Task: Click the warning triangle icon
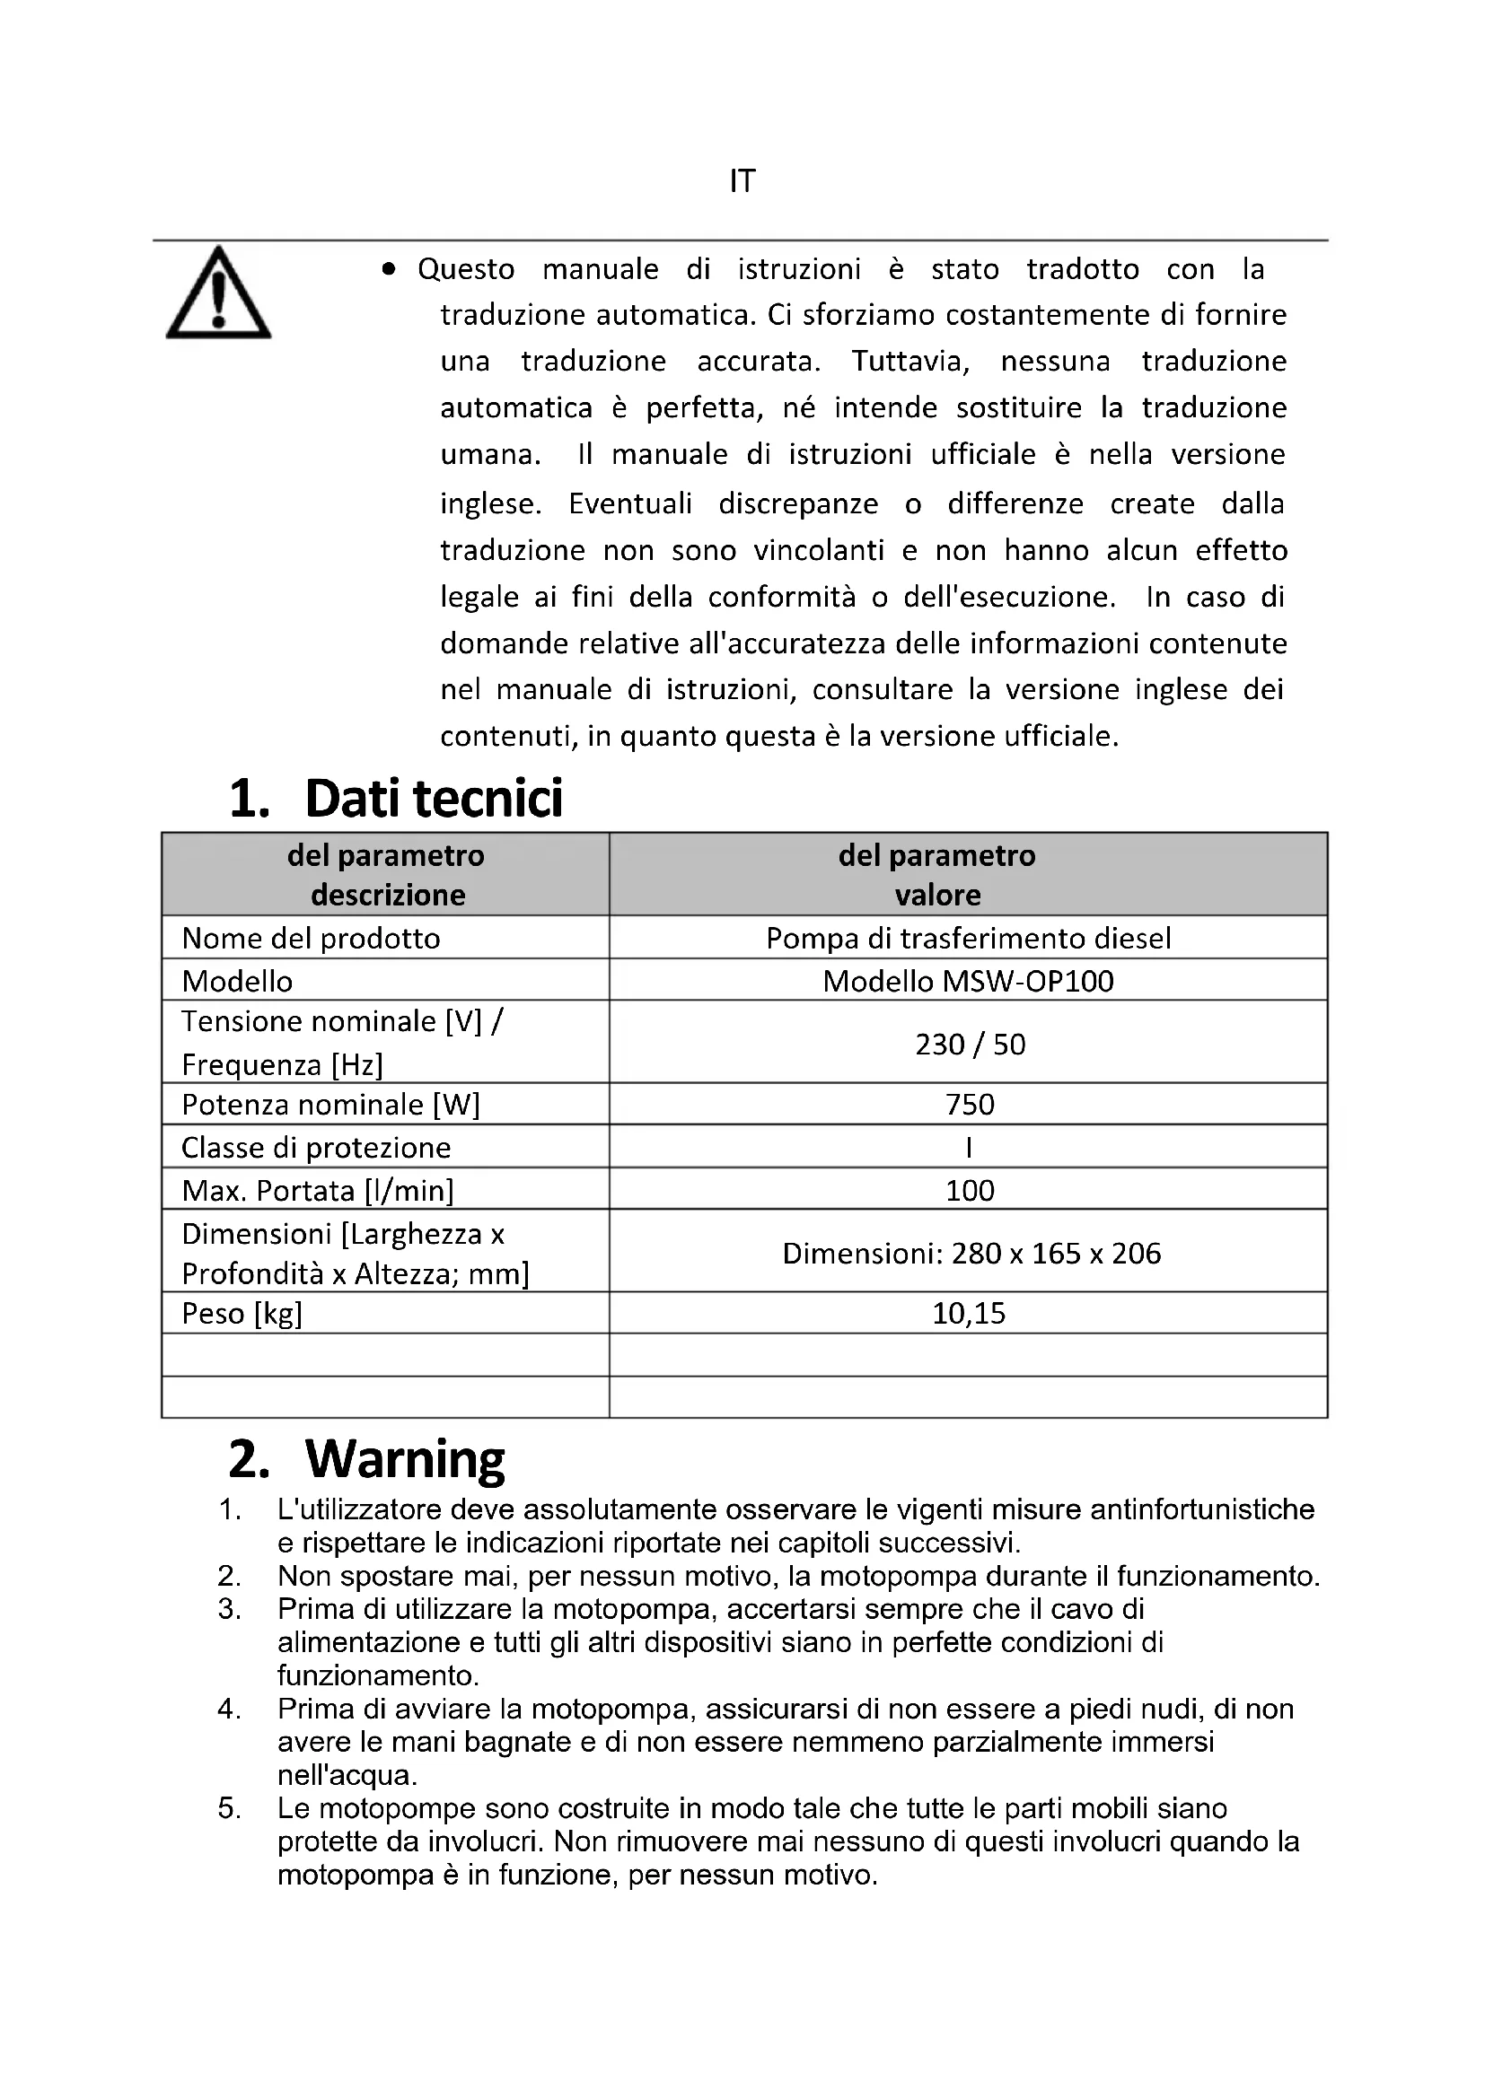217,294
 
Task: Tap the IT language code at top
742,182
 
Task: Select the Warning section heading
404,1458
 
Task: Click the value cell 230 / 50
970,1044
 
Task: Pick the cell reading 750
970,1105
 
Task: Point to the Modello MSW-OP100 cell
968,981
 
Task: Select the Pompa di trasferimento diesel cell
968,938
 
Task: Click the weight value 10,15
969,1313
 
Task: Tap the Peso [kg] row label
242,1314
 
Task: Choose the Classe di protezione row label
315,1148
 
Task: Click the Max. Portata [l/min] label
317,1190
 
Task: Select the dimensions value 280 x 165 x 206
971,1253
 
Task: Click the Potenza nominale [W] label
330,1105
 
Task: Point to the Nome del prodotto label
311,938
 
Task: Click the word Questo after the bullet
465,269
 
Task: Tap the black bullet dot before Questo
389,269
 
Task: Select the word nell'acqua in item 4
347,1774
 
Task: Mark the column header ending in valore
937,875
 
